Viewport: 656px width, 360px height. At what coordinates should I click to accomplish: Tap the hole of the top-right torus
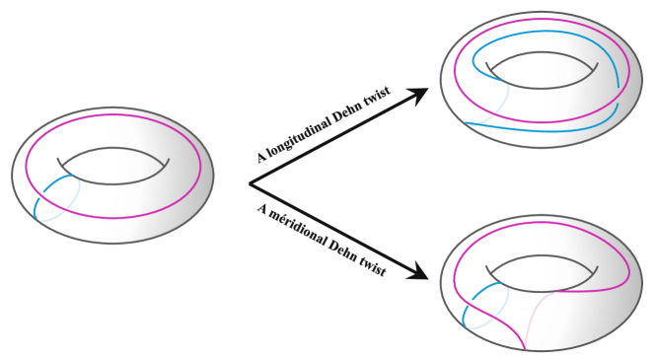(x=542, y=71)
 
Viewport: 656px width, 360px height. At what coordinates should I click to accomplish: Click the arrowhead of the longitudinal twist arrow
(x=421, y=95)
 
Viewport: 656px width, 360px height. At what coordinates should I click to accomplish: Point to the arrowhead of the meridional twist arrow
(x=421, y=273)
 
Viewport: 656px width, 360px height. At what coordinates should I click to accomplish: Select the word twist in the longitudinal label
(x=377, y=96)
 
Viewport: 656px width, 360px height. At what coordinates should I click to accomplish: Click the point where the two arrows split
(x=249, y=183)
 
